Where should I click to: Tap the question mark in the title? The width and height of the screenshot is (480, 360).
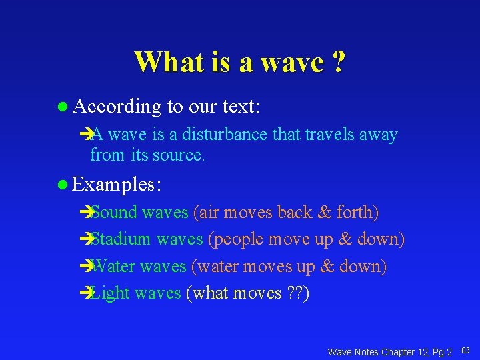pos(339,62)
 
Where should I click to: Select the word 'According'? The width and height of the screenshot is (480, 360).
pos(117,107)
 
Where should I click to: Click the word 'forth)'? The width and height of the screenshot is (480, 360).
pos(358,212)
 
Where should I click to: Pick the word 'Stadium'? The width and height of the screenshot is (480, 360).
pos(121,239)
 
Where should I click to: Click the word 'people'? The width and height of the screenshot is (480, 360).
pos(241,239)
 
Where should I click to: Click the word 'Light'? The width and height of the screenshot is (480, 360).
pos(111,293)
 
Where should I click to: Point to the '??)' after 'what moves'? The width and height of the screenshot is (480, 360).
pos(298,293)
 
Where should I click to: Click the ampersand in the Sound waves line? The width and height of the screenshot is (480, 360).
pos(325,212)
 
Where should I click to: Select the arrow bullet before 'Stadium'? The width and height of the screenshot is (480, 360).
pos(84,239)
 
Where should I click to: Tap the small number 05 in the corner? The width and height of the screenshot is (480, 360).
pos(465,350)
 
